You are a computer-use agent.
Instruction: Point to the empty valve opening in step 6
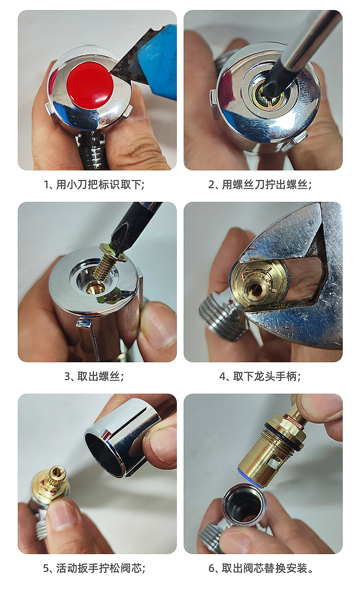pyautogui.click(x=244, y=505)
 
